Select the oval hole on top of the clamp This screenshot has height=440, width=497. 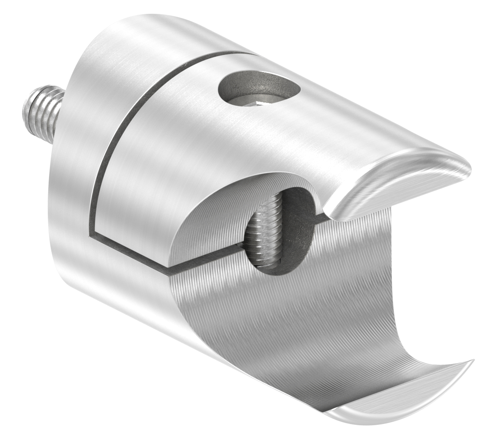coord(260,89)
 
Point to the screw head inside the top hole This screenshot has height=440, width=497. coord(257,102)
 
